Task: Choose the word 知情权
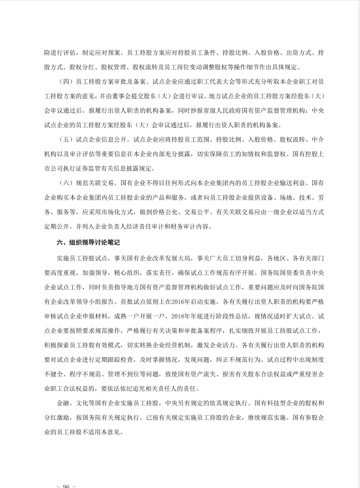coord(251,153)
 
